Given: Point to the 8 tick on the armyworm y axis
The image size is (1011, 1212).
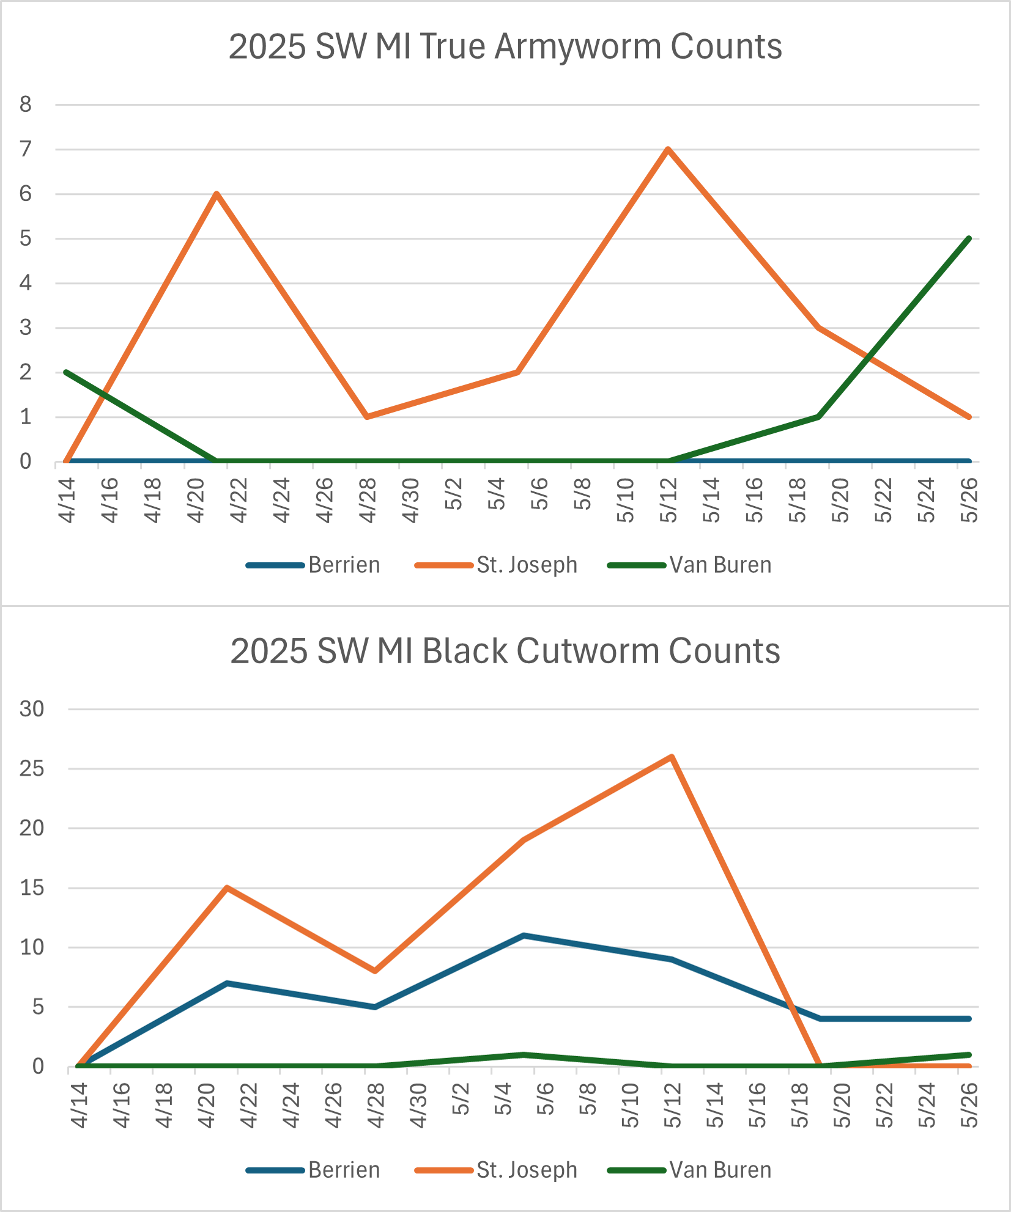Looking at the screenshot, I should (x=25, y=105).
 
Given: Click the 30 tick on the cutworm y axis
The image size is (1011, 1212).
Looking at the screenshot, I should (x=32, y=709).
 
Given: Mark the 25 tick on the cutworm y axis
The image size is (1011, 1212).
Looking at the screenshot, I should (x=32, y=768).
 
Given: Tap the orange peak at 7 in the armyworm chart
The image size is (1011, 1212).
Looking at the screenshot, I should (x=668, y=149).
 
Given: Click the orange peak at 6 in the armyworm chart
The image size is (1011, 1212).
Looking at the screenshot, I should (x=217, y=194).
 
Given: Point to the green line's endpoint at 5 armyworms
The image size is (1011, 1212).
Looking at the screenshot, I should (x=969, y=238).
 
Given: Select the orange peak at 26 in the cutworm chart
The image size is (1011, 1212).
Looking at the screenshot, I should (x=672, y=757).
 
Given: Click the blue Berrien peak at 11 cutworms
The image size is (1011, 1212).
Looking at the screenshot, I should (x=524, y=935).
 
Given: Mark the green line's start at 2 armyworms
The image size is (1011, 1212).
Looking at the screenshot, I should (x=66, y=372).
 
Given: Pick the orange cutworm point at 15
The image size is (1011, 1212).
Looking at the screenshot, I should (x=227, y=887).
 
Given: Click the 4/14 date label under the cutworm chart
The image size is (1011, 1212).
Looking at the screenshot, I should (x=79, y=1106).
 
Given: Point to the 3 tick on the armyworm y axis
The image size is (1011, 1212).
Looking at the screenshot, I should (x=25, y=328).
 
